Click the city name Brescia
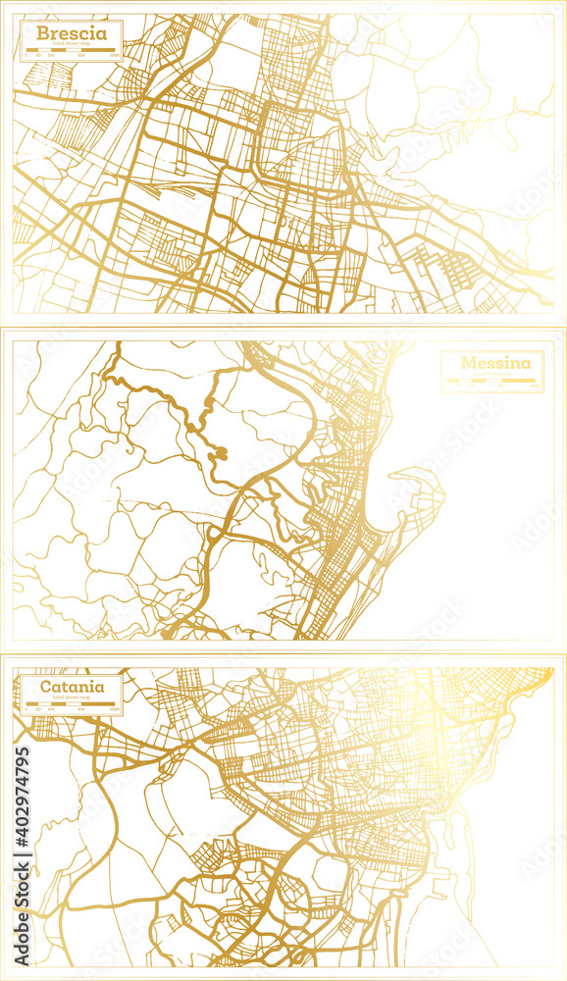tap(73, 33)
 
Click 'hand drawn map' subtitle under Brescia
tap(73, 44)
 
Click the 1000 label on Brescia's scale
tap(114, 55)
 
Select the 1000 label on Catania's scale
tap(114, 707)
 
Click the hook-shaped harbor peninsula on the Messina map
tap(417, 490)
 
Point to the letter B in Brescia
tap(42, 33)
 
